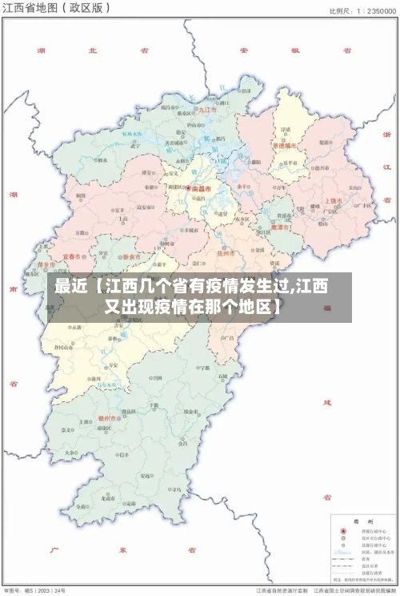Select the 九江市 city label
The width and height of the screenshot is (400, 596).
click(x=208, y=110)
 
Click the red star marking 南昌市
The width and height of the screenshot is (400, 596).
click(x=189, y=189)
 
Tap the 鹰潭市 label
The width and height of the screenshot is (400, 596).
click(x=280, y=227)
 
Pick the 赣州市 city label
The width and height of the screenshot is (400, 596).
click(x=107, y=417)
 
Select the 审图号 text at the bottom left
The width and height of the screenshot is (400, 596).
click(x=11, y=589)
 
